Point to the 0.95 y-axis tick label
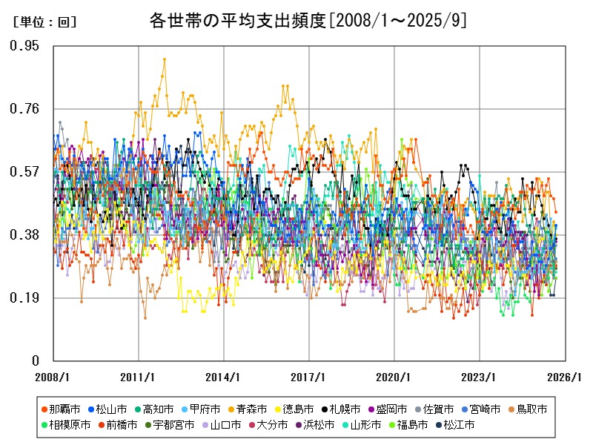tap(24, 46)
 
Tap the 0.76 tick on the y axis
tap(24, 109)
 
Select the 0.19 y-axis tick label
tap(24, 298)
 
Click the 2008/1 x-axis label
tap(53, 377)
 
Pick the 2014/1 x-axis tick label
tap(222, 377)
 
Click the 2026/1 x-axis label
tap(565, 377)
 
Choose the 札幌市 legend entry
tap(345, 409)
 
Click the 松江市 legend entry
tap(457, 425)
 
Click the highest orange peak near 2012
tap(165, 59)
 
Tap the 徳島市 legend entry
tap(298, 409)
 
